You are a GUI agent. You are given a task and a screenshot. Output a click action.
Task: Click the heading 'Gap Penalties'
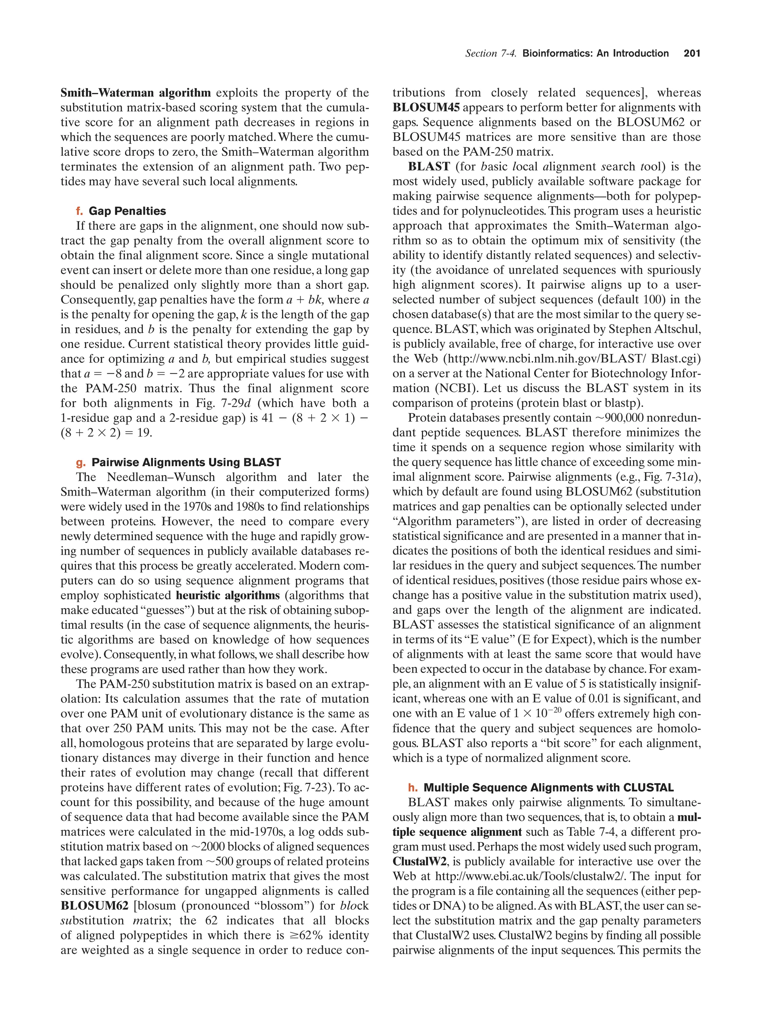click(127, 211)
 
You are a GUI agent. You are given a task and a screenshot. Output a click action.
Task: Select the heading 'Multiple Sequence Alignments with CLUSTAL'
click(548, 787)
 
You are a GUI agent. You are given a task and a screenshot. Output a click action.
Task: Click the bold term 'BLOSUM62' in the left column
click(95, 906)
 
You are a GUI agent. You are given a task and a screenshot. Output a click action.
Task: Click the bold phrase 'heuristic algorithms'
click(228, 595)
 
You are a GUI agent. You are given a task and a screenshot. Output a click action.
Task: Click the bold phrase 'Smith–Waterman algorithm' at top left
click(135, 93)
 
